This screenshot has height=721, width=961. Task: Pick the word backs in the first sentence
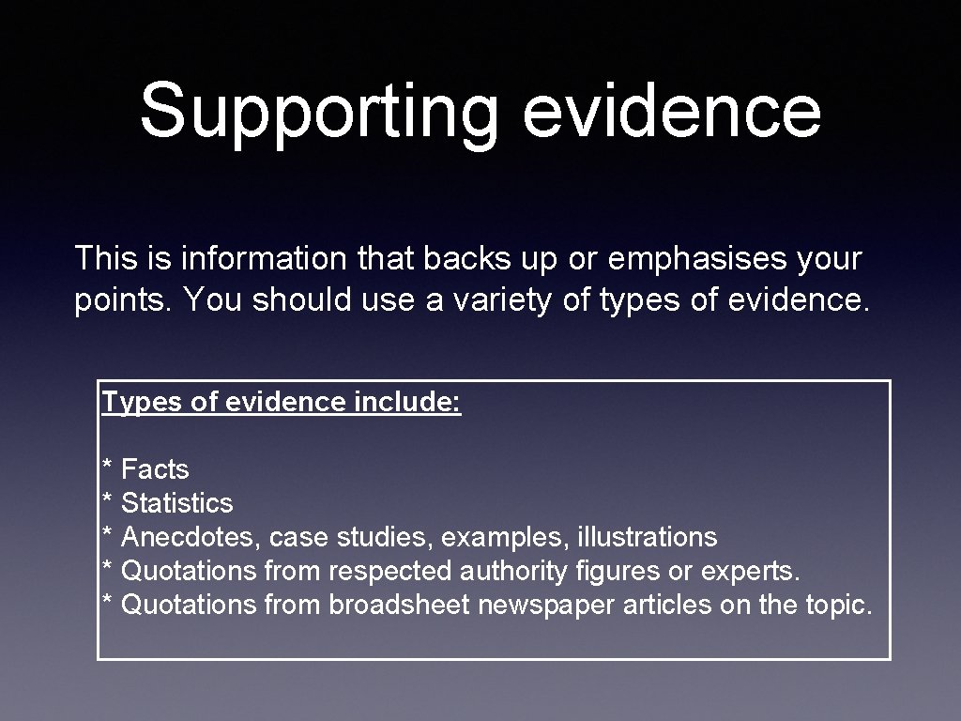(x=462, y=257)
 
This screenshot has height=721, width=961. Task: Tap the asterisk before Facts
(x=108, y=468)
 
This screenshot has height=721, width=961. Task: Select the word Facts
(x=156, y=469)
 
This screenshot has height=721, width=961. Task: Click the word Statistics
(x=177, y=503)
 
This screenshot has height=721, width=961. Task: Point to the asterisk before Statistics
(x=108, y=501)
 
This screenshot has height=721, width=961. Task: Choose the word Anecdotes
(x=191, y=537)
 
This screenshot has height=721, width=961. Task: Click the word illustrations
(x=647, y=537)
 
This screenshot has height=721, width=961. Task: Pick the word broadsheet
(x=399, y=605)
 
